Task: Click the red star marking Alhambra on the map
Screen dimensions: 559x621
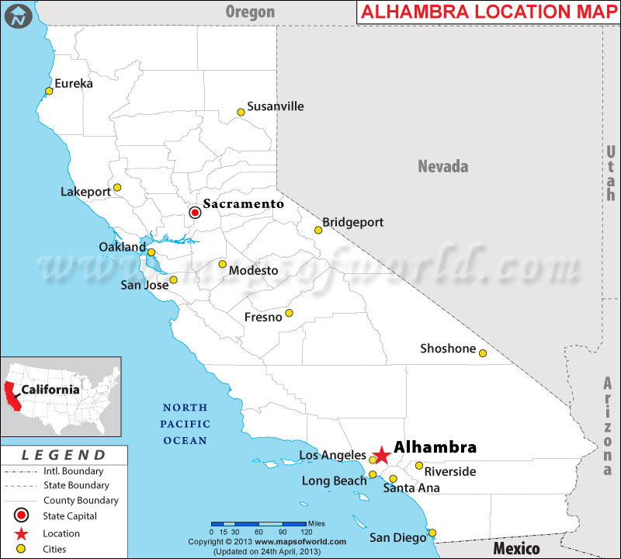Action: click(381, 455)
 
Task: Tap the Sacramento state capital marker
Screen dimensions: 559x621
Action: click(196, 211)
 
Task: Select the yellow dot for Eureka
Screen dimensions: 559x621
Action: click(49, 91)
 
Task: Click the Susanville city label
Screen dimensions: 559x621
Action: click(275, 106)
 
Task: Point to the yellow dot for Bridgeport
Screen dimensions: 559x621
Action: click(317, 230)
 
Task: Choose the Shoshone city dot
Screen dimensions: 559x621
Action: click(482, 353)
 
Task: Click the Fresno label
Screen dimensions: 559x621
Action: click(263, 318)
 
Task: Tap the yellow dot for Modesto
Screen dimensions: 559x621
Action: click(222, 264)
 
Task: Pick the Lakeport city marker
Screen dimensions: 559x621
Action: click(117, 187)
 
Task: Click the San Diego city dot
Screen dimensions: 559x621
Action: click(432, 533)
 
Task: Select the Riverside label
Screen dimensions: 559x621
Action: click(450, 471)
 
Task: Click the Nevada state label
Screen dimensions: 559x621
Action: click(443, 166)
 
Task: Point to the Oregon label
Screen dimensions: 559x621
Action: click(250, 11)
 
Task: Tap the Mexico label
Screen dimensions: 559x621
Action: click(516, 548)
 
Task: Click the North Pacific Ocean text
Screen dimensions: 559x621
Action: click(185, 424)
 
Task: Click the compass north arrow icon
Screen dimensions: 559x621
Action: click(18, 15)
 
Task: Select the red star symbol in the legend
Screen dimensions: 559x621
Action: click(21, 533)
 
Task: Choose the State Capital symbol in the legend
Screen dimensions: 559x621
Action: click(21, 516)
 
